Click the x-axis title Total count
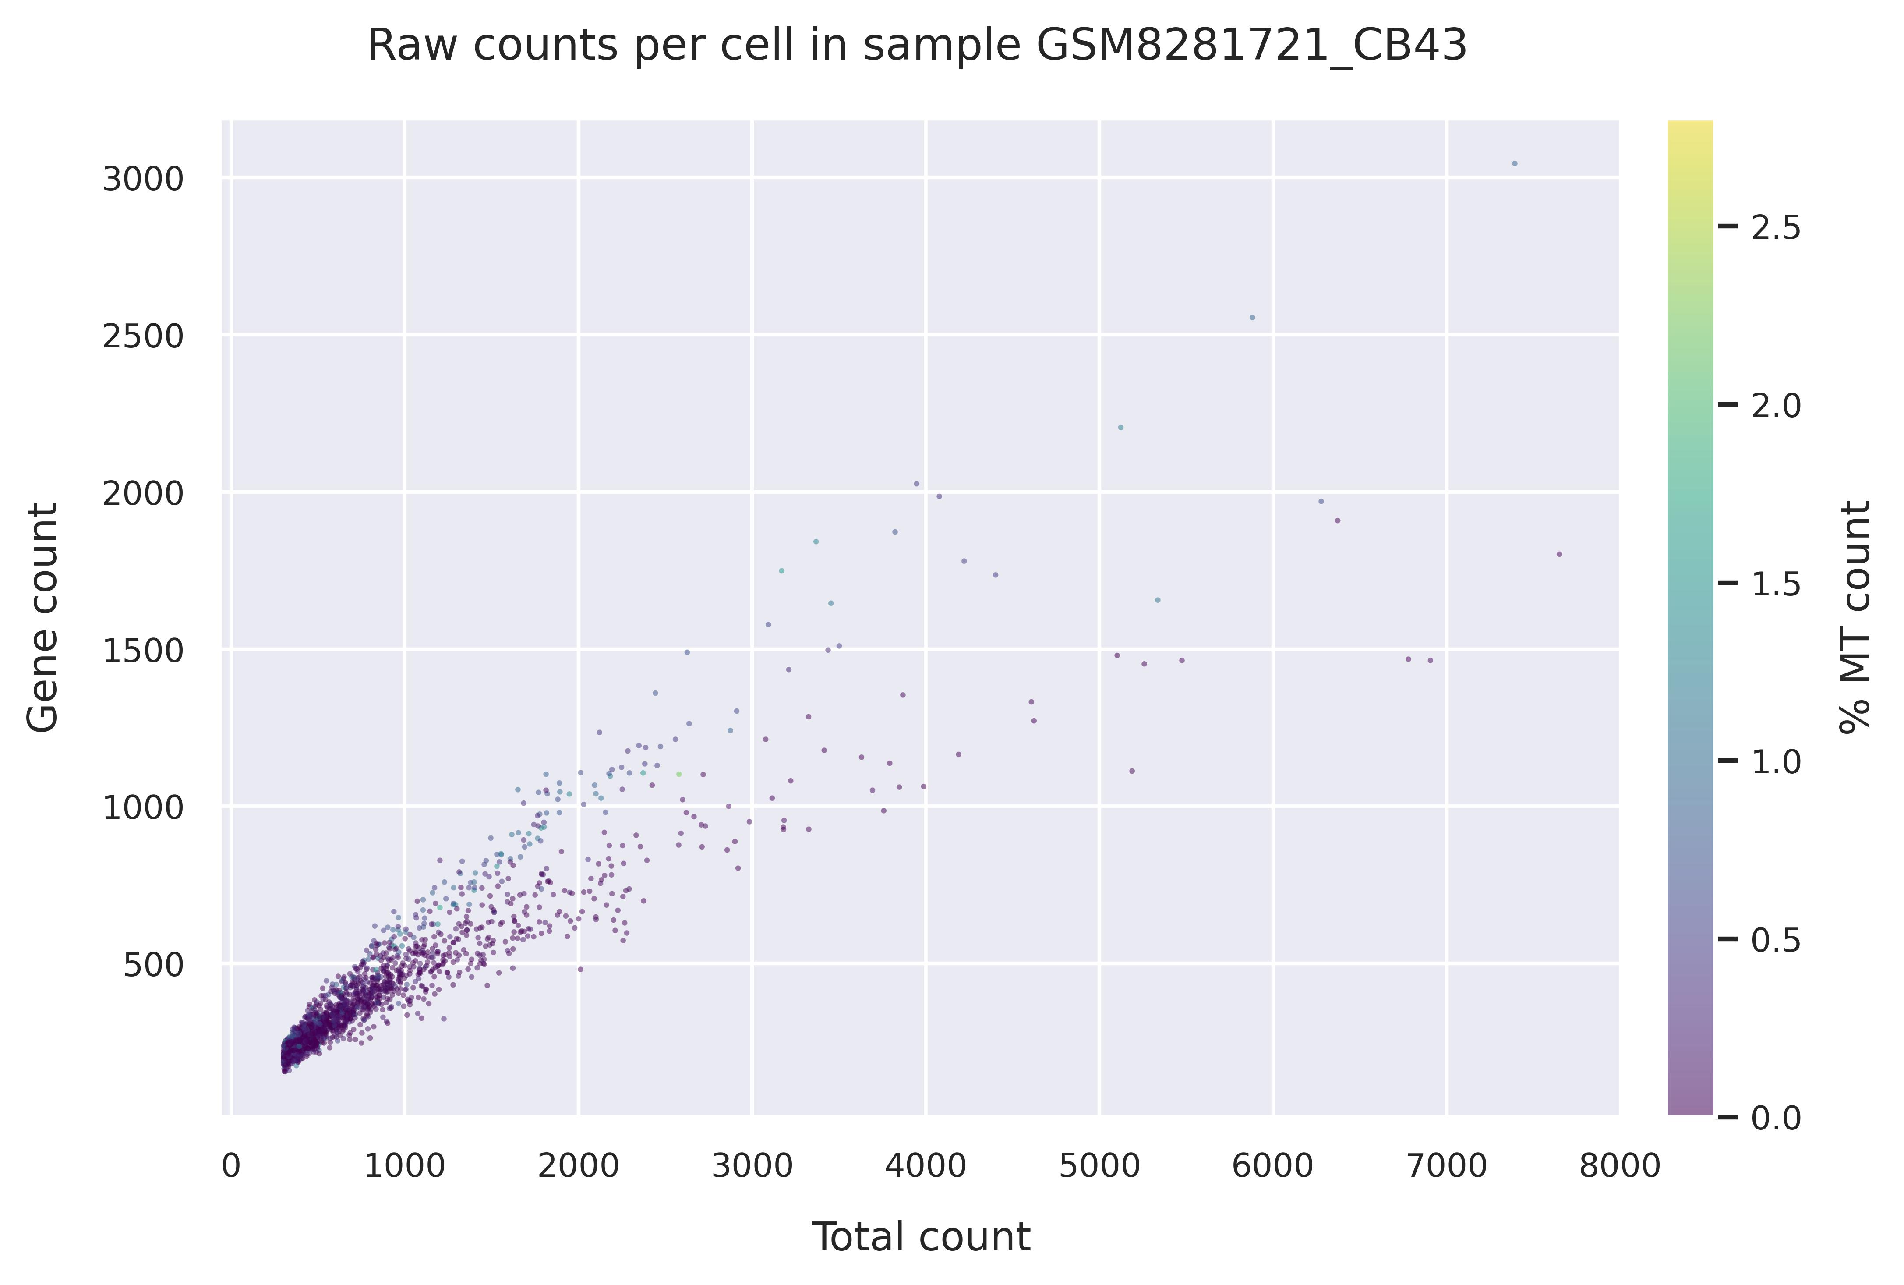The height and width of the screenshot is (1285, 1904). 920,1238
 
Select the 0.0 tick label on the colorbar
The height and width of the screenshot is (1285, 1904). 1776,1118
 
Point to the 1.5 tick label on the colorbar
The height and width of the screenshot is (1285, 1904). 1776,584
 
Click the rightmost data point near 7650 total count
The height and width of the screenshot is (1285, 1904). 1559,554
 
